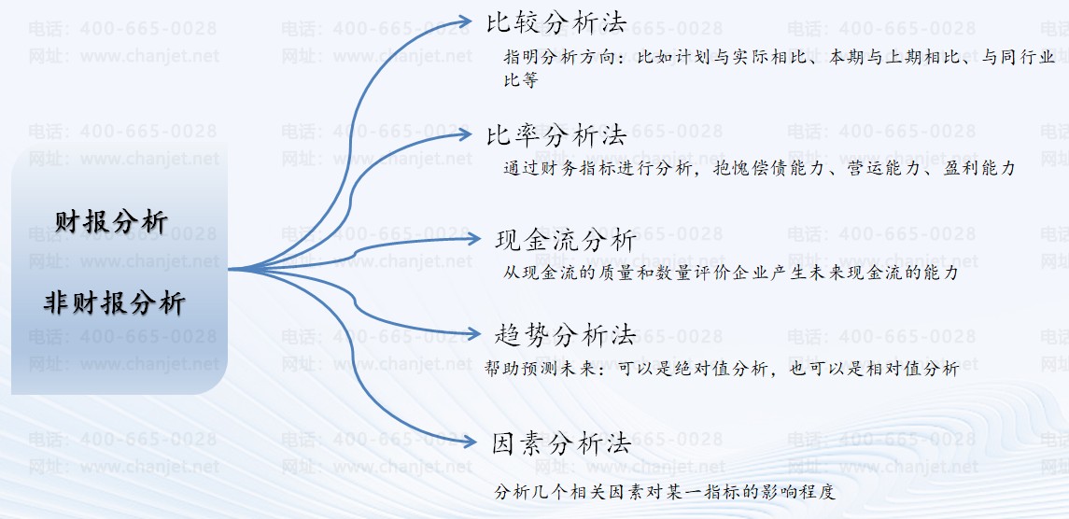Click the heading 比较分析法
click(x=556, y=23)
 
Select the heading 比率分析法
click(x=556, y=135)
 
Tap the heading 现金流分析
click(x=566, y=240)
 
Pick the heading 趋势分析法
click(x=565, y=335)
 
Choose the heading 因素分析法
click(x=561, y=444)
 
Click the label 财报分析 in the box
click(x=112, y=221)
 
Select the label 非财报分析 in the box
click(x=115, y=302)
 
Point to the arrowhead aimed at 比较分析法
click(x=464, y=23)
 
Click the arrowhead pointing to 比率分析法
click(x=464, y=133)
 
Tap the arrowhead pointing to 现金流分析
click(x=473, y=239)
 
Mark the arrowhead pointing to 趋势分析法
click(x=473, y=333)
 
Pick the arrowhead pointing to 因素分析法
click(x=468, y=442)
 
